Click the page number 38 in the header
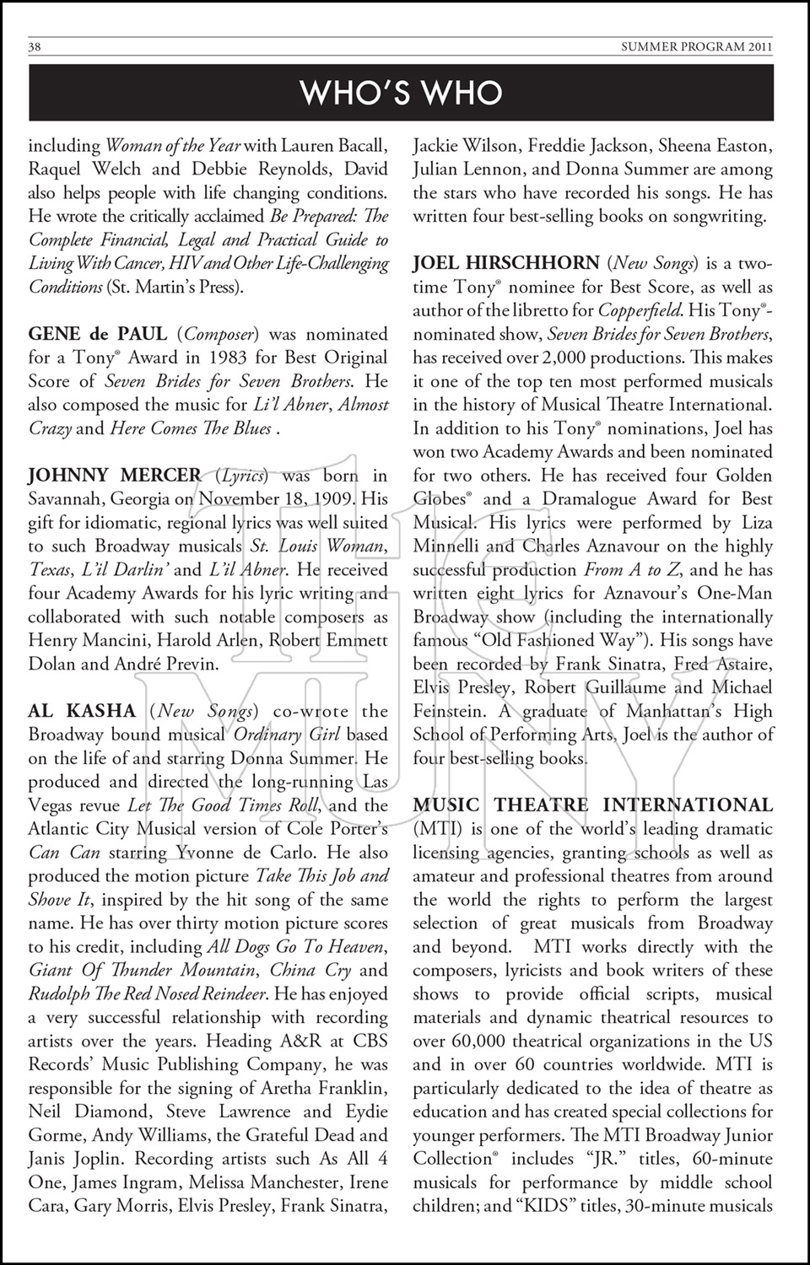(35, 47)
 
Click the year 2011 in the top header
(759, 47)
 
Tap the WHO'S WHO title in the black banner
(402, 93)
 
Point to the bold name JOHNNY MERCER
(115, 476)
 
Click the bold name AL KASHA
(82, 711)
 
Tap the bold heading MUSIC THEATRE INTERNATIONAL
(592, 805)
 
